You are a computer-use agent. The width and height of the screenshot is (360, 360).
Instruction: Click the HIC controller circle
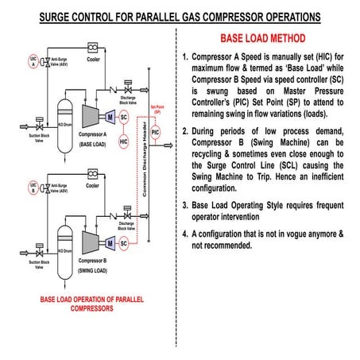pos(123,141)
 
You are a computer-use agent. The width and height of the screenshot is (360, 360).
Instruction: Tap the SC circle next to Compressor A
pos(123,116)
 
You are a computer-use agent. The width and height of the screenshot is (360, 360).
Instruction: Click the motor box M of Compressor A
pos(109,116)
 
